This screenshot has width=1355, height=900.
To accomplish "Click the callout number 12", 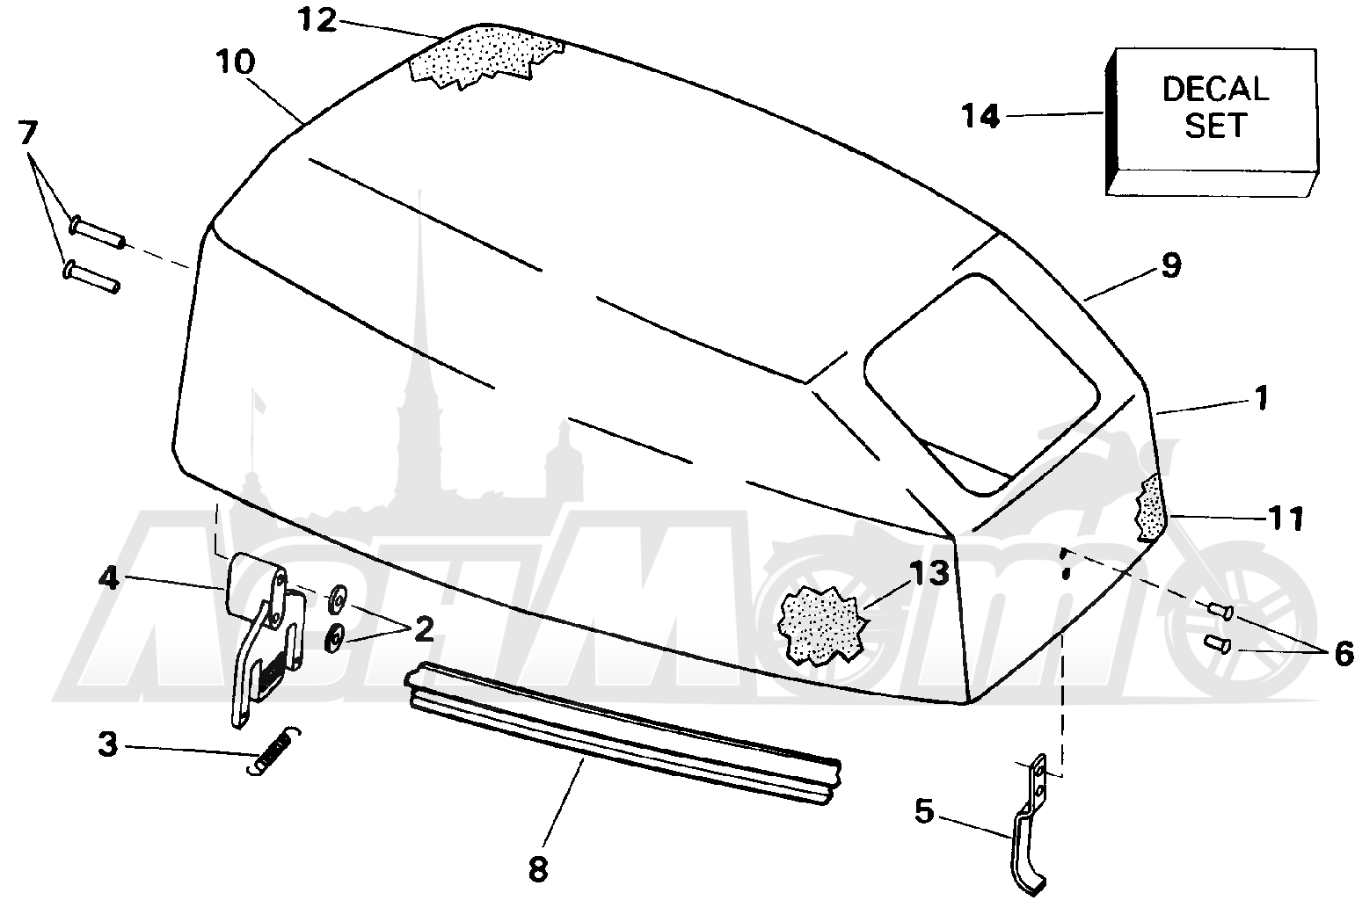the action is pyautogui.click(x=317, y=21).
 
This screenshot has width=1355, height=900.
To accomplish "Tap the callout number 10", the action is pyautogui.click(x=236, y=62).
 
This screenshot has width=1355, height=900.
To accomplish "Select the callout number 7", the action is pyautogui.click(x=28, y=133).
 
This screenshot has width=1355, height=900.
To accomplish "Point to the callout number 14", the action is pyautogui.click(x=980, y=116).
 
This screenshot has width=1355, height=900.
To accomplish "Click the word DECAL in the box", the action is pyautogui.click(x=1215, y=89).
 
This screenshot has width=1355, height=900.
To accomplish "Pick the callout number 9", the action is pyautogui.click(x=1171, y=265).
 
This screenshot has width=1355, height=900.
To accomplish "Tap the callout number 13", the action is pyautogui.click(x=929, y=573).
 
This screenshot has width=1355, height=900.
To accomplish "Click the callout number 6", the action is pyautogui.click(x=1343, y=654).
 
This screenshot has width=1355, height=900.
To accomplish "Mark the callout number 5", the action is pyautogui.click(x=924, y=811).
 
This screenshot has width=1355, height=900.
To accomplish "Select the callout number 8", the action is pyautogui.click(x=538, y=870).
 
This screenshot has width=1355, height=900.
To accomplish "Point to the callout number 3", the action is pyautogui.click(x=107, y=744).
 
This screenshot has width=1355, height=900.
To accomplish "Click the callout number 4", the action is pyautogui.click(x=108, y=579).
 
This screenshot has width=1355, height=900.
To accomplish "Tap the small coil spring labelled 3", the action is pyautogui.click(x=274, y=751).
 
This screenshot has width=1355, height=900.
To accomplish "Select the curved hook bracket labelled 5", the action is pyautogui.click(x=1030, y=825).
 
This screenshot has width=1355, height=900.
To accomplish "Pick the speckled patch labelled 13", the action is pyautogui.click(x=823, y=626).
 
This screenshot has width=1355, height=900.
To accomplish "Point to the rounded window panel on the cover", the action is pyautogui.click(x=981, y=385).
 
